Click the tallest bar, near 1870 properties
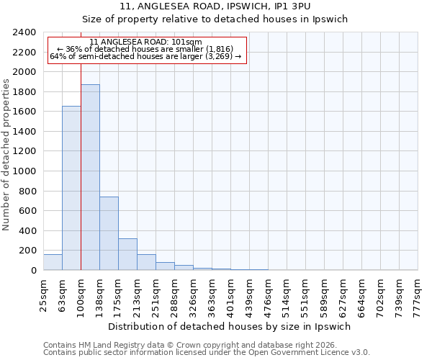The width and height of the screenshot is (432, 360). point(90,177)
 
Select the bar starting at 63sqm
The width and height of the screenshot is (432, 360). point(71,188)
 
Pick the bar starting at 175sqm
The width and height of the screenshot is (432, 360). point(127,254)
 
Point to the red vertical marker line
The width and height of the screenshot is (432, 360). point(81,166)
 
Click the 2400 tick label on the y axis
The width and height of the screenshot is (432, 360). point(25,32)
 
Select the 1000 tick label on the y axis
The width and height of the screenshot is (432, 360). point(25,171)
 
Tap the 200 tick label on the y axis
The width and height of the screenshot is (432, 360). point(28,251)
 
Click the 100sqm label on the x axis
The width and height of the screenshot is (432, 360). point(81,294)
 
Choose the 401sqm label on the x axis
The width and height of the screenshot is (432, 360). point(230,294)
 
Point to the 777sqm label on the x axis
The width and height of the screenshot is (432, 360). point(418,294)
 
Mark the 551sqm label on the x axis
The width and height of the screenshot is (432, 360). point(305,294)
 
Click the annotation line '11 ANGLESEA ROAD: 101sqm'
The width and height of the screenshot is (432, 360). point(146,42)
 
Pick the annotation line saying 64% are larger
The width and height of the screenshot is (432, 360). point(146,57)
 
